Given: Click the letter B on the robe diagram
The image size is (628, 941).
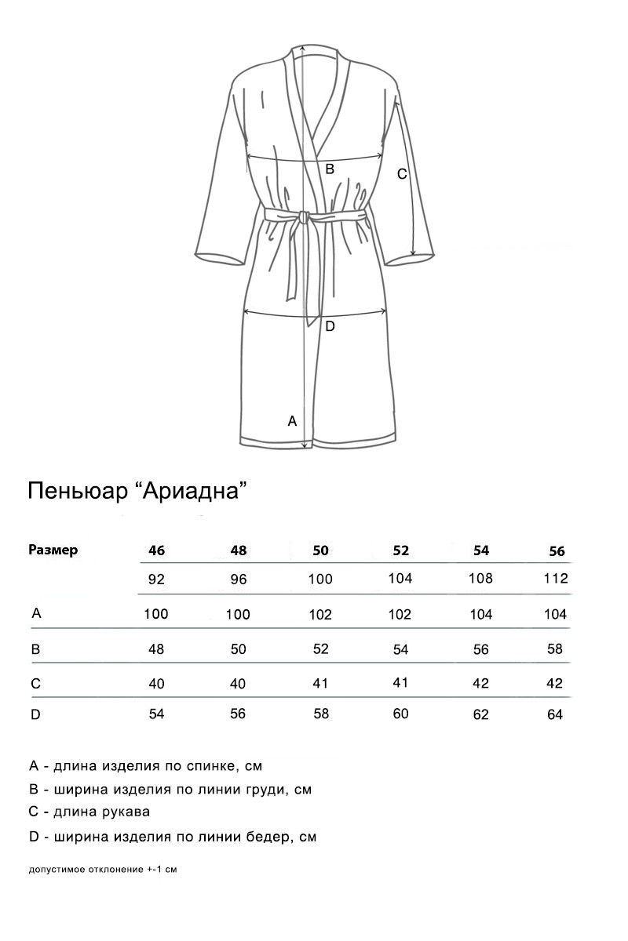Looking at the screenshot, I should [x=330, y=169].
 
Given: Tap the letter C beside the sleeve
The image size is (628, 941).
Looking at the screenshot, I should [x=401, y=174].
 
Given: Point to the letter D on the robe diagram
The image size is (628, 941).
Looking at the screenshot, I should [x=330, y=326].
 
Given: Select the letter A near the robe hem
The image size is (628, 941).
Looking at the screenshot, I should [x=292, y=421].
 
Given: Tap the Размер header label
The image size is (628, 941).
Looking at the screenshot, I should [x=53, y=550].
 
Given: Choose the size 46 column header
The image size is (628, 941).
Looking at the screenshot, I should [x=156, y=550].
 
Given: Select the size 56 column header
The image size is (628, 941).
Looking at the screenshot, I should [x=557, y=551].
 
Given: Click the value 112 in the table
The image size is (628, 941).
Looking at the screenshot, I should [x=555, y=579].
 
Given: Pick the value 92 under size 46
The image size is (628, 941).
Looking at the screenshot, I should [x=156, y=581].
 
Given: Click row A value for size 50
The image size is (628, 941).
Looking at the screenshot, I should [x=320, y=615].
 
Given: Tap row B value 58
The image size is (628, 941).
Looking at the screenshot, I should [x=555, y=649].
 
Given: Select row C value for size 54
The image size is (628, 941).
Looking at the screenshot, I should [x=481, y=683].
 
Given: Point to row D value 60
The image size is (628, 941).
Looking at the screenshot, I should [x=400, y=714].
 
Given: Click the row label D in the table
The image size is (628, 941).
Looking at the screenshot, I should [x=35, y=714].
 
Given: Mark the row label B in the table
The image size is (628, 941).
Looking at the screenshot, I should [x=35, y=649].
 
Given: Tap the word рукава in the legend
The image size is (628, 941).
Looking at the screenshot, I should [x=123, y=812].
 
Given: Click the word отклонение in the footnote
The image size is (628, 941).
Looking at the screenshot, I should [x=114, y=870].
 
